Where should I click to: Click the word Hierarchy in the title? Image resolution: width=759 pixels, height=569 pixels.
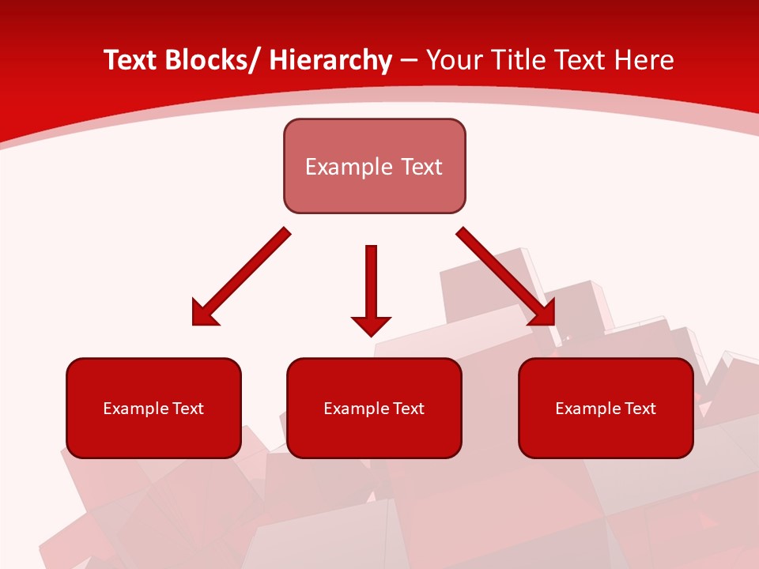tap(330, 60)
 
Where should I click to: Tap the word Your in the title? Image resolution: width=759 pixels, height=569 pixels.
tap(455, 60)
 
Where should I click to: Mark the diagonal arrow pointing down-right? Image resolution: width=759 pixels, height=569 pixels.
tap(506, 277)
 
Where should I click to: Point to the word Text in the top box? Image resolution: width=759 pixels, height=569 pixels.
tap(421, 167)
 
